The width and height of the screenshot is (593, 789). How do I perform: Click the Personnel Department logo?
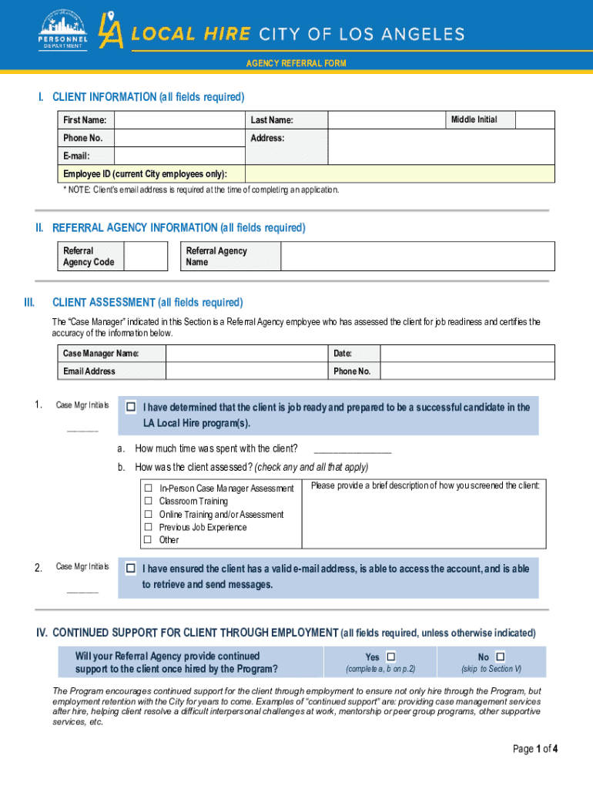64,30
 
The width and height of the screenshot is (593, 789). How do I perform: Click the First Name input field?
177,119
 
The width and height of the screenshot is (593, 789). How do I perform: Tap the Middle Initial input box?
534,119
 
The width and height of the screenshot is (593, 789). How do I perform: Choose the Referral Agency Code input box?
146,257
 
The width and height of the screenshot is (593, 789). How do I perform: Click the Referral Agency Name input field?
417,257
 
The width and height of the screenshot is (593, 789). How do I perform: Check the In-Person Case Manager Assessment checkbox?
149,489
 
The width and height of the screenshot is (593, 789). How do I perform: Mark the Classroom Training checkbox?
149,502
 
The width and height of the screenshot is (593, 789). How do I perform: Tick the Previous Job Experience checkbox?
149,527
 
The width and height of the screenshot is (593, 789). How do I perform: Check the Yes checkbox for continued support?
390,656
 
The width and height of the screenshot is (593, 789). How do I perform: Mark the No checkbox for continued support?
501,656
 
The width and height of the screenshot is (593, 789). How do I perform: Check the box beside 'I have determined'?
131,407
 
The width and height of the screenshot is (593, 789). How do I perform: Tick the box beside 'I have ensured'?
131,569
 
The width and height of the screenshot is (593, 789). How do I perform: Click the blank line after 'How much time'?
352,448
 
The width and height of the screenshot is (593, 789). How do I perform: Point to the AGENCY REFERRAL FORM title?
296,63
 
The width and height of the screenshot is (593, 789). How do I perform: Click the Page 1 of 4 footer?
534,748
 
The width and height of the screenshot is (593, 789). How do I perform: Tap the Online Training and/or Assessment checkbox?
149,514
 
